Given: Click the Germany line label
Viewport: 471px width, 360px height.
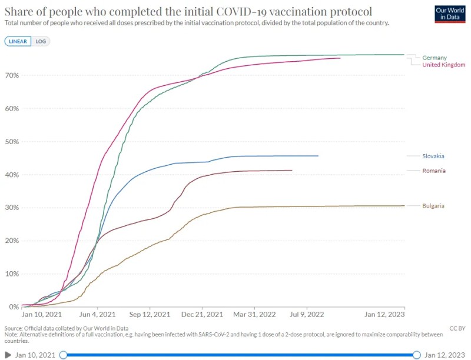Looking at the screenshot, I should click(434, 58).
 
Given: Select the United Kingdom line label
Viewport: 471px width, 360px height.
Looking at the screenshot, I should click(444, 65).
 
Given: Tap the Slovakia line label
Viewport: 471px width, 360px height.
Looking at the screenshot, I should click(433, 156).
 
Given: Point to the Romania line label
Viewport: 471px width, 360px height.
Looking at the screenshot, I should click(433, 171).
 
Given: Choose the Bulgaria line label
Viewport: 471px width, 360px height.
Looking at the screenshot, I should click(433, 206).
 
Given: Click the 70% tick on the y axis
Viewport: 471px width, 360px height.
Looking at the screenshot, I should click(12, 76).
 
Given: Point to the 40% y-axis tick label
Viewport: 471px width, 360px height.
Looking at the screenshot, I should click(12, 175).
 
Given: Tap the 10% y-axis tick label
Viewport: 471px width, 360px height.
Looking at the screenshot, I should click(12, 274).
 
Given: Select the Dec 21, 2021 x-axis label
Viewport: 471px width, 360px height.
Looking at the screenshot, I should click(202, 315).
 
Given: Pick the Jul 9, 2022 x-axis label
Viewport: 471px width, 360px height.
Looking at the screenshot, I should click(307, 315).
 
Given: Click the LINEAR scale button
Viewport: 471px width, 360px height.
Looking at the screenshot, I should click(18, 42).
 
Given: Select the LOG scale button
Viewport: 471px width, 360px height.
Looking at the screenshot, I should click(41, 42).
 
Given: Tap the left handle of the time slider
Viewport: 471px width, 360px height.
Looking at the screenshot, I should click(63, 355).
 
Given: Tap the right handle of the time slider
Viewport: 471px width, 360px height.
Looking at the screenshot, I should click(417, 355).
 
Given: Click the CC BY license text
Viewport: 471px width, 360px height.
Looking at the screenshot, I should click(457, 328).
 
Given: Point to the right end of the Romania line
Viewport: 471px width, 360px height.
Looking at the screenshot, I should click(292, 171).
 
